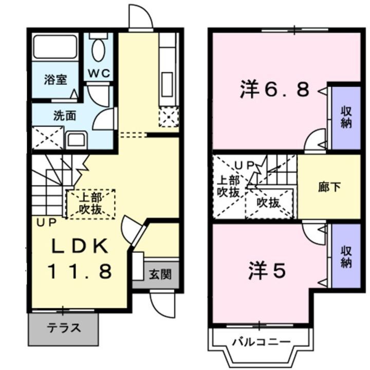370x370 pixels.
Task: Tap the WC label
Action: pos(98,73)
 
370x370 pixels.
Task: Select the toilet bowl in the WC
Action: pos(98,49)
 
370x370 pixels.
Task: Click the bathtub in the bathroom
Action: pos(55,47)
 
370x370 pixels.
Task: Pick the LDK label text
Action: pos(79,247)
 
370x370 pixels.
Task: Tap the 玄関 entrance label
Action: pos(161,273)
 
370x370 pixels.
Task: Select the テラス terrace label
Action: pos(64,328)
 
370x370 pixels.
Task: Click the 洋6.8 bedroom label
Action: pos(274,90)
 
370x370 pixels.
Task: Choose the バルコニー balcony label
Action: pos(261,342)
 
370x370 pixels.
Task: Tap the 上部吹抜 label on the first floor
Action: pos(90,203)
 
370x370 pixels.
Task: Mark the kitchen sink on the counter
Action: pos(168,81)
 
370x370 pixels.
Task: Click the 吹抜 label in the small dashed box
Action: pos(268,202)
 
